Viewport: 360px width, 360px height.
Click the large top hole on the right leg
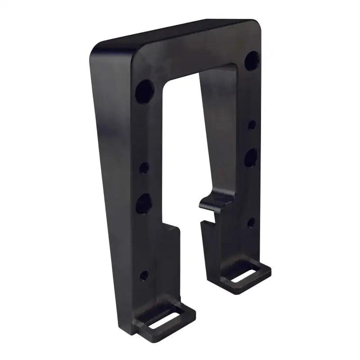(253, 60)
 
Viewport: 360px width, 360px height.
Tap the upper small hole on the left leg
(144, 168)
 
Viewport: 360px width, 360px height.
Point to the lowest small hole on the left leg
(144, 274)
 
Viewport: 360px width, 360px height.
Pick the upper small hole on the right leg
(252, 124)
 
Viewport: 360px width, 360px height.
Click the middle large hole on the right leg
(251, 157)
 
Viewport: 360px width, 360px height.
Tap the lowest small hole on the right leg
(251, 221)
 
